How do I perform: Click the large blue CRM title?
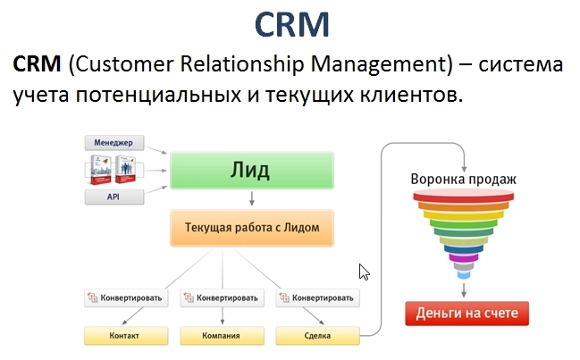coord(290,24)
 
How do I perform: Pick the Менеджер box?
coord(113,142)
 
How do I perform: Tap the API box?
coord(113,196)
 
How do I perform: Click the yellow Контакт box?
coord(125,336)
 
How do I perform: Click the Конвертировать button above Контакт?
coord(125,298)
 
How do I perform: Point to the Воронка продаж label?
coord(464,179)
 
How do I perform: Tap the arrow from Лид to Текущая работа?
coord(251,197)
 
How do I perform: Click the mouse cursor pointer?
coord(363,272)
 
